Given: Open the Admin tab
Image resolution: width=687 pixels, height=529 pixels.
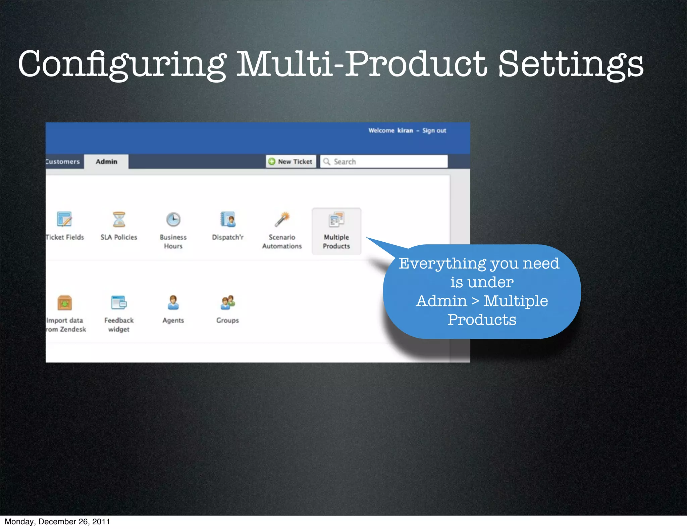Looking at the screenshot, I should point(106,161).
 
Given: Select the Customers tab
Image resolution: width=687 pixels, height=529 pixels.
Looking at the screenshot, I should point(63,161).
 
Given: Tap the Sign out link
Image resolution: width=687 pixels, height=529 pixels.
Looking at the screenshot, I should point(434,131).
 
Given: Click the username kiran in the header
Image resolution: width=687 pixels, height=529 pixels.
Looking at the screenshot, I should point(405,131).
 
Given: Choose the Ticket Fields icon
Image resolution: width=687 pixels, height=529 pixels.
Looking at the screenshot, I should point(64,220).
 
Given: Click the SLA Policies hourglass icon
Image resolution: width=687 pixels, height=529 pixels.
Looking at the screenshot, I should point(119,220).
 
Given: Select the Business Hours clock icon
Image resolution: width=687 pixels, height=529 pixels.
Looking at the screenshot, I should point(173,220).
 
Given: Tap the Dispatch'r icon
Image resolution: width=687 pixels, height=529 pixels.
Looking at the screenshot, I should point(228,220).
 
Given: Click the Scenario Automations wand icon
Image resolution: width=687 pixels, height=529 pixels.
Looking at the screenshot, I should point(282,220).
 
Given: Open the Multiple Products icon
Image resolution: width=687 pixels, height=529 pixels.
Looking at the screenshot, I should point(336,220).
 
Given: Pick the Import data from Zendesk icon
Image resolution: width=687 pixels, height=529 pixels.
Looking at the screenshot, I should point(65,303).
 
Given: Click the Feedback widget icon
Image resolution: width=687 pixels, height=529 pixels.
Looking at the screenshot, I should point(119,303).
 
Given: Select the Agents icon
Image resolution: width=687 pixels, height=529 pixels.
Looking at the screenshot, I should point(173,303).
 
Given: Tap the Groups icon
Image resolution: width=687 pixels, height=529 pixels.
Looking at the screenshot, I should point(228,303).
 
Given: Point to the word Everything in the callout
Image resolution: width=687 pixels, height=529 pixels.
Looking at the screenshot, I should point(442,264).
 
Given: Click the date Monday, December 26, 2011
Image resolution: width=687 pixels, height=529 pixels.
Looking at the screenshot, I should point(57,522).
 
